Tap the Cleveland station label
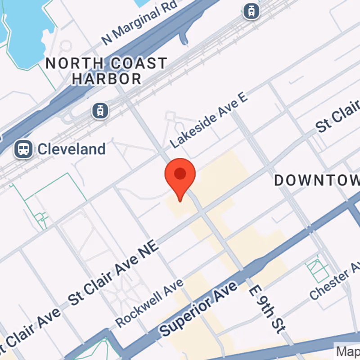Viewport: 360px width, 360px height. pyautogui.click(x=72, y=149)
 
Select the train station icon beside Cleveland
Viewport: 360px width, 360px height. pyautogui.click(x=23, y=149)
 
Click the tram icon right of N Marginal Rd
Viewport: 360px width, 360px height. pyautogui.click(x=251, y=11)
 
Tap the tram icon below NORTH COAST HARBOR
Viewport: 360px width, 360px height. pyautogui.click(x=100, y=110)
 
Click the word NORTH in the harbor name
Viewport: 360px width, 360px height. pyautogui.click(x=68, y=63)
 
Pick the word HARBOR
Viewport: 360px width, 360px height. pyautogui.click(x=107, y=79)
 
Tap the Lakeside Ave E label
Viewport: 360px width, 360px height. pyautogui.click(x=209, y=121)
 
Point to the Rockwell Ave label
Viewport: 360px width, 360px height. pyautogui.click(x=150, y=302)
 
